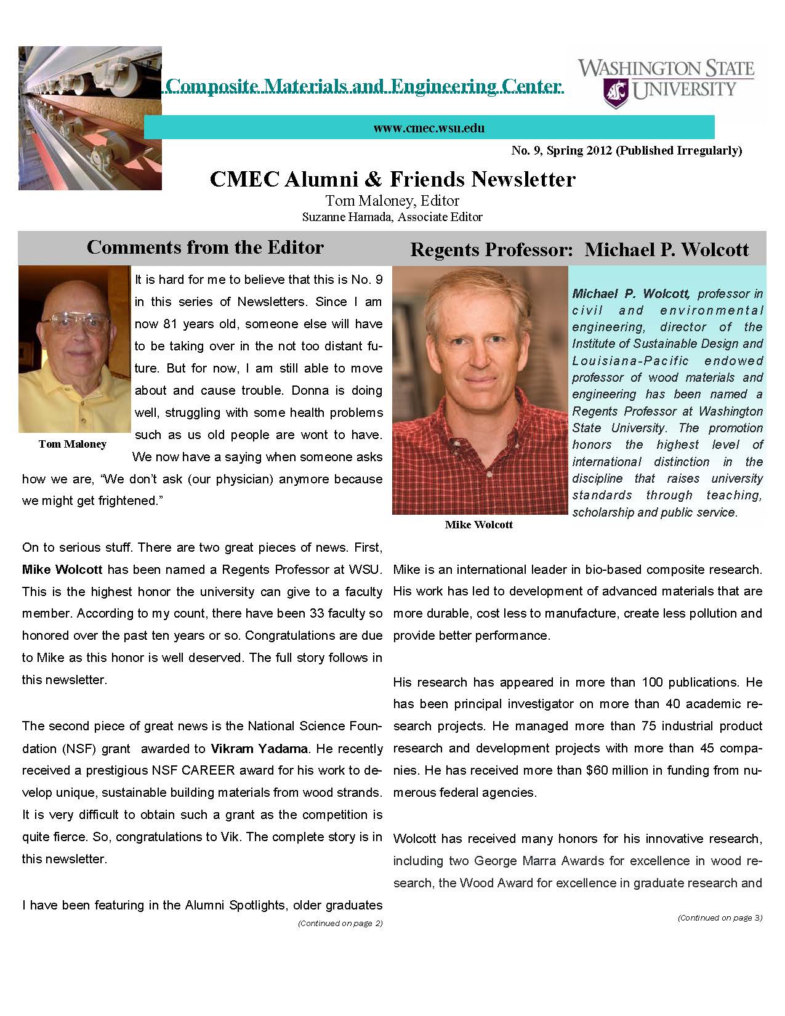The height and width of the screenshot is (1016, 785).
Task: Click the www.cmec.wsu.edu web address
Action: (x=429, y=128)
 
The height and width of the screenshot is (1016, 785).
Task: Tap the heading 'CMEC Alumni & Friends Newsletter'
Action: (x=392, y=179)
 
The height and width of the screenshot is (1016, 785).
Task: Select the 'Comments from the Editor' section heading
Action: (x=205, y=248)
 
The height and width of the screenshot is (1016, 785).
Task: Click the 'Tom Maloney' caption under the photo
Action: (x=72, y=443)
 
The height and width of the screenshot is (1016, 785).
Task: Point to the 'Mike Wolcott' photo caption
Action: (x=478, y=525)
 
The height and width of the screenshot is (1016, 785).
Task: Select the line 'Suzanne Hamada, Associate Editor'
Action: (x=392, y=217)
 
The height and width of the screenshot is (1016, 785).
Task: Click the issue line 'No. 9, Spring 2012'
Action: (x=562, y=150)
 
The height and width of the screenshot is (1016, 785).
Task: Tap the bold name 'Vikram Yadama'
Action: (x=259, y=749)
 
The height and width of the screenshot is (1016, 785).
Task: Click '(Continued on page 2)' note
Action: (x=340, y=923)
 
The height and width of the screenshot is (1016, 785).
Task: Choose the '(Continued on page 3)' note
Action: (x=720, y=917)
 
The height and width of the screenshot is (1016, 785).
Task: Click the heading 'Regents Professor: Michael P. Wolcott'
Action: (x=579, y=249)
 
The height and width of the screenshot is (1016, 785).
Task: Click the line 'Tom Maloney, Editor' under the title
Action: (x=392, y=201)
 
